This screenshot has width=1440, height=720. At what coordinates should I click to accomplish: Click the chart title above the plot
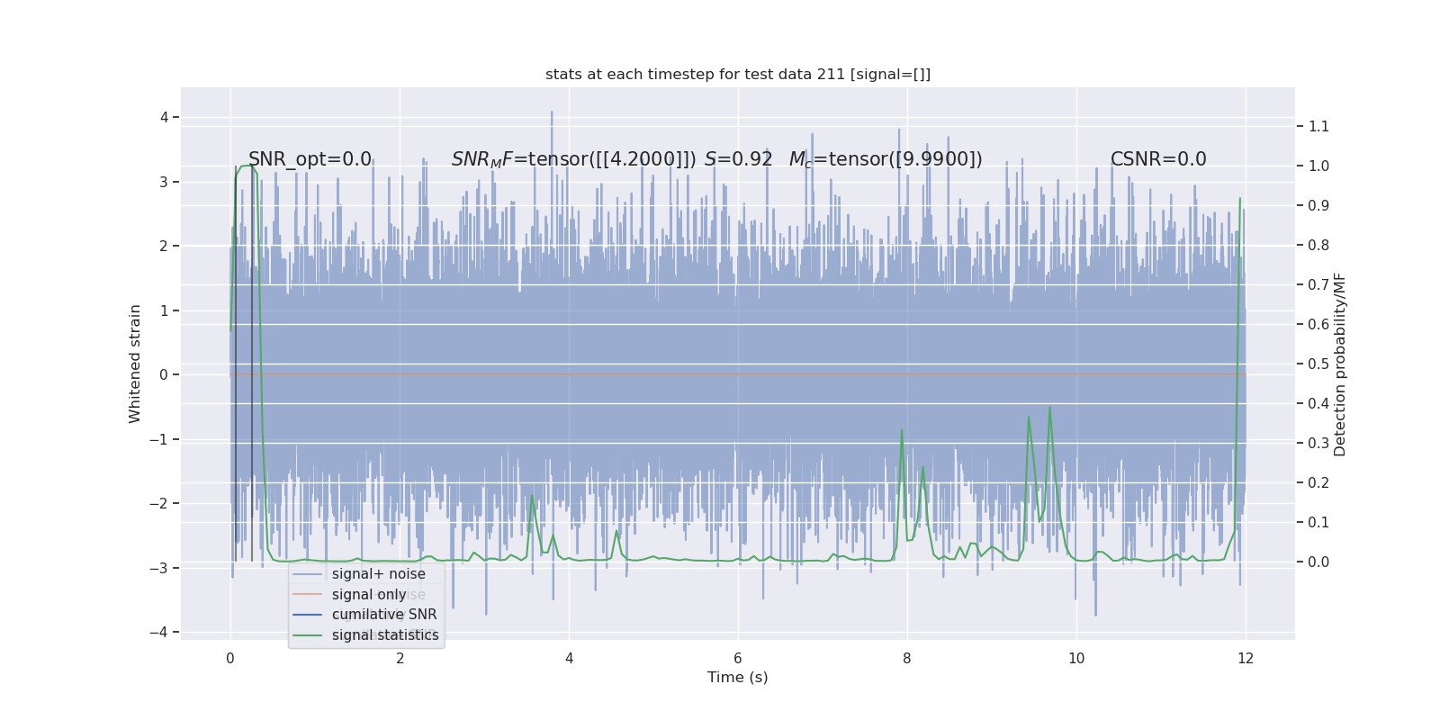[738, 75]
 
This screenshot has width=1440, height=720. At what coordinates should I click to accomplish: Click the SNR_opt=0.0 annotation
[310, 159]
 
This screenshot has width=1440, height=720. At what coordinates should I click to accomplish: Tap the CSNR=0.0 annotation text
[1158, 159]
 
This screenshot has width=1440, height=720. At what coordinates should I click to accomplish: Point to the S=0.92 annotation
[739, 159]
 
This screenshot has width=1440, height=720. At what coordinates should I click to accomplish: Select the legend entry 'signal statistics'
[385, 635]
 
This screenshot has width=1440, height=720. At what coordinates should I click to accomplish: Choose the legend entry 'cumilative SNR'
[384, 615]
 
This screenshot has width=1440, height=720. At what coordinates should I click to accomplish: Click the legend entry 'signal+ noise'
[378, 574]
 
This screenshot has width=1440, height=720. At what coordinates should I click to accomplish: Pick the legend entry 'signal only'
[369, 595]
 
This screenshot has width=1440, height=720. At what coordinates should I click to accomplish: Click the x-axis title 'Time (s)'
[738, 678]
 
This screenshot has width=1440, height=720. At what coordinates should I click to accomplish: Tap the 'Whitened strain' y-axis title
[135, 364]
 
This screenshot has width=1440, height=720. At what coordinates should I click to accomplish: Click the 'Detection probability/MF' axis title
[1340, 364]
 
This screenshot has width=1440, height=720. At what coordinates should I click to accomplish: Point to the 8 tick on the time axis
[907, 659]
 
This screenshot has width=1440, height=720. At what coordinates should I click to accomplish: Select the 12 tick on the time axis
[1246, 659]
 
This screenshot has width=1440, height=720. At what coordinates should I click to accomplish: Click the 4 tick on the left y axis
[164, 117]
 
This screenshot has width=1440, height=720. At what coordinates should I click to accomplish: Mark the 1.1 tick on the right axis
[1318, 126]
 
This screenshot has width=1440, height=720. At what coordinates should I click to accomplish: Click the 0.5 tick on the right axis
[1318, 364]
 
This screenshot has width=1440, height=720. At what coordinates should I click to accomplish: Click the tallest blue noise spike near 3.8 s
[552, 113]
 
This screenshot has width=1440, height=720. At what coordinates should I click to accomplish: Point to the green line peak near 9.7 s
[1049, 408]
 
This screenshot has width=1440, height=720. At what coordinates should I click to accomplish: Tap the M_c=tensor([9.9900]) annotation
[886, 159]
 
